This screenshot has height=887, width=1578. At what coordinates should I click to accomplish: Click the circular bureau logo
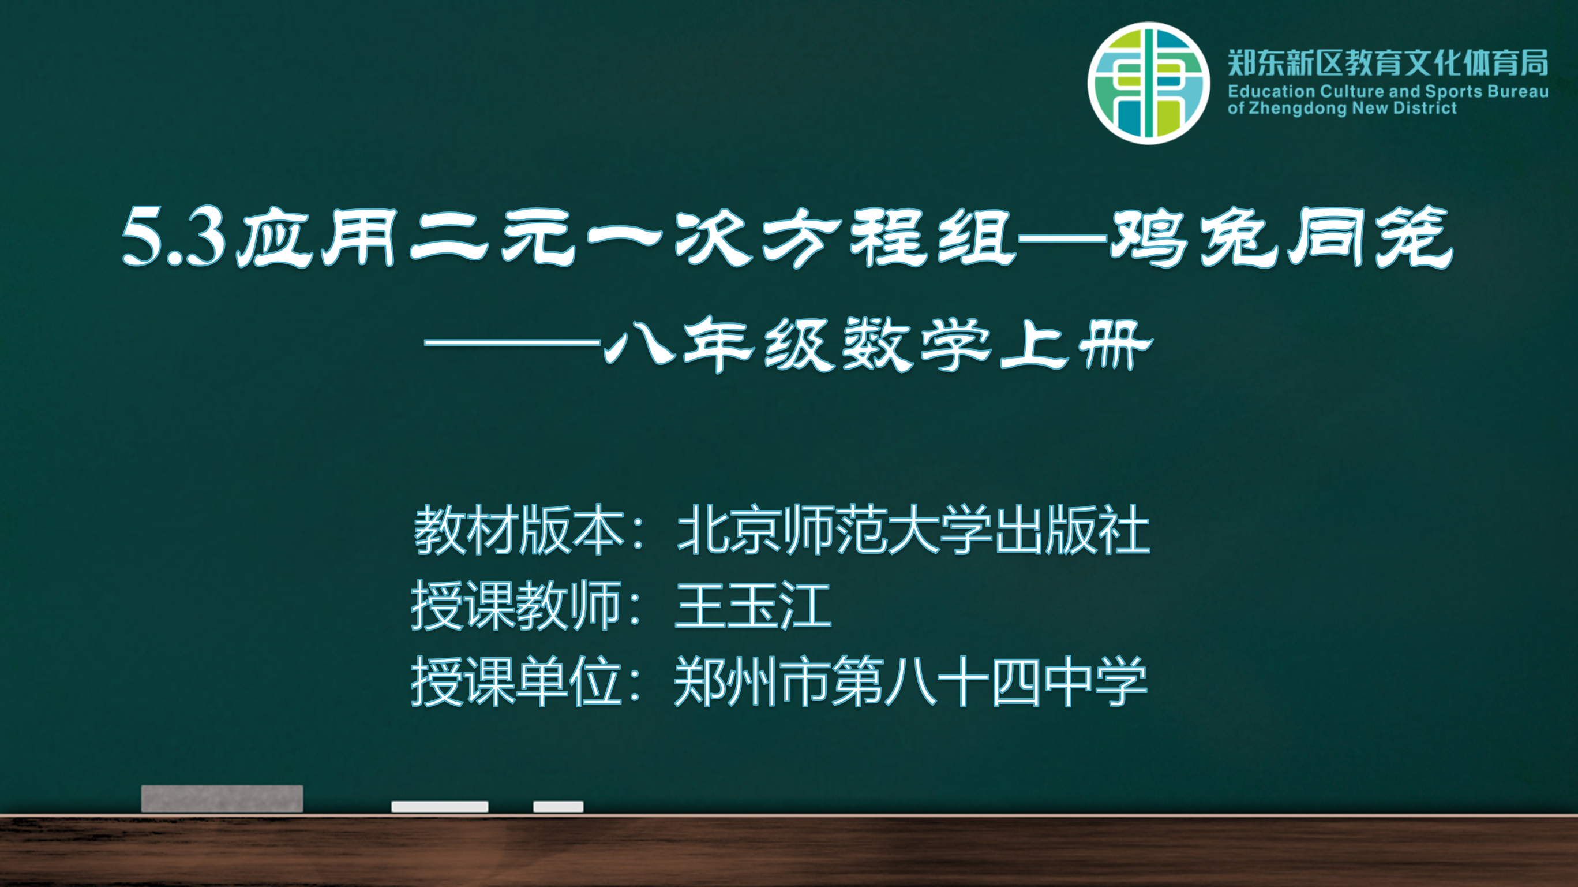click(1149, 83)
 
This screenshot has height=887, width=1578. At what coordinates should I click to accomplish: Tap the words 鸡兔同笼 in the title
click(1281, 237)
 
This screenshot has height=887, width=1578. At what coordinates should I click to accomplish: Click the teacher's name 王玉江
click(753, 606)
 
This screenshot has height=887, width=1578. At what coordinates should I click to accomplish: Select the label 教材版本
click(518, 530)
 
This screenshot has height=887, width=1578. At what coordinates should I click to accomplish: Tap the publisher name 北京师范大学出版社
click(913, 530)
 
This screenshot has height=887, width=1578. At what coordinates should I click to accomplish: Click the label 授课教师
click(516, 606)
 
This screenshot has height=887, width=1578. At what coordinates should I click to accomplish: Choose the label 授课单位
click(516, 681)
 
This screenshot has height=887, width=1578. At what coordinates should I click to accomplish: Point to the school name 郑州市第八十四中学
click(910, 681)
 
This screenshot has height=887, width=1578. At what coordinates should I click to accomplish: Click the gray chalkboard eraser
click(222, 799)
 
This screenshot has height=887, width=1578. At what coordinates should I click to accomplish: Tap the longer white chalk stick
click(440, 807)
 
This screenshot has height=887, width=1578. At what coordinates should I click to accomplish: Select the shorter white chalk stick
click(558, 807)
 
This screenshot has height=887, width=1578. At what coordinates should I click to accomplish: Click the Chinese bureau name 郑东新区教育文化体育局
click(1388, 62)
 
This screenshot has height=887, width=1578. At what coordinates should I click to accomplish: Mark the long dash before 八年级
click(512, 342)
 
